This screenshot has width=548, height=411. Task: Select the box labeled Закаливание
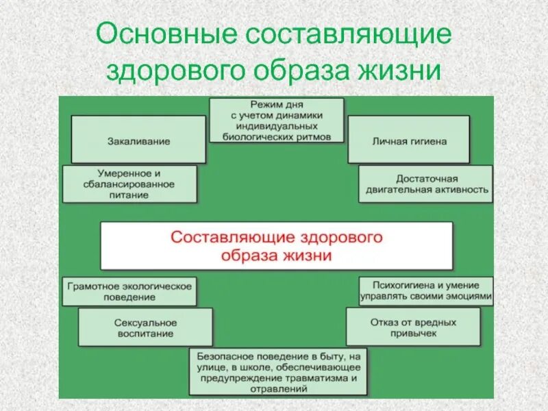138,140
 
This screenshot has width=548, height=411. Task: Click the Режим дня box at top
276,121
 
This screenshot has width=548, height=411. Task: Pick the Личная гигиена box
409,140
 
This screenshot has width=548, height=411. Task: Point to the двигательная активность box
425,183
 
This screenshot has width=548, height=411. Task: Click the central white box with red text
276,245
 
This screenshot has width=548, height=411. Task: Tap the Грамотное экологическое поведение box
129,291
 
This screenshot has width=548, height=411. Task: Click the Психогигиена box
425,290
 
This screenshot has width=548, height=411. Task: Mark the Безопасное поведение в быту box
277,372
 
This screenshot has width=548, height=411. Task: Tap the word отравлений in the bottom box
277,388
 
